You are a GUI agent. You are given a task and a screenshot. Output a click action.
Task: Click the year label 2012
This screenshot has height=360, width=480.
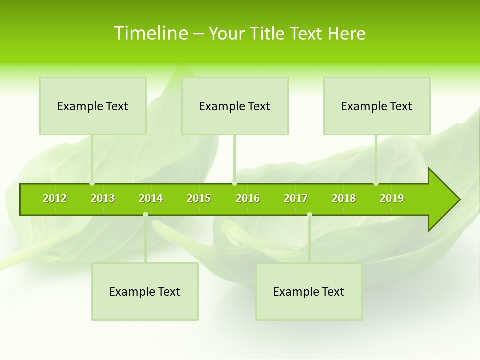[55, 198]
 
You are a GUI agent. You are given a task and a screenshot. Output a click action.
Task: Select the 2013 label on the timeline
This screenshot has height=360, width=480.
[103, 198]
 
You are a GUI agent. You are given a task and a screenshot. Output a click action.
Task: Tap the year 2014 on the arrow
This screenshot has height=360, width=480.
[151, 198]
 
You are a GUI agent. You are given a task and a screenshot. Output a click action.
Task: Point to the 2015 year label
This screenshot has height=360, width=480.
[199, 198]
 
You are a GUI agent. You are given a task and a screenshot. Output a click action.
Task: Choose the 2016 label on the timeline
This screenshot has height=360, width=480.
[248, 198]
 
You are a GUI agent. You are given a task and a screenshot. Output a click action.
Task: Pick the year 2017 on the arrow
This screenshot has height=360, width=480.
[296, 198]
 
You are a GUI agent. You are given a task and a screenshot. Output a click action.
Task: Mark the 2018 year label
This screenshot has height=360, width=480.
[344, 198]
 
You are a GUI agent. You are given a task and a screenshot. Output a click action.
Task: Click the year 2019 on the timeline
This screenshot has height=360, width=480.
[392, 198]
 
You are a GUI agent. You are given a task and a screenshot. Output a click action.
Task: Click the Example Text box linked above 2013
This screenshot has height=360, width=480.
[93, 106]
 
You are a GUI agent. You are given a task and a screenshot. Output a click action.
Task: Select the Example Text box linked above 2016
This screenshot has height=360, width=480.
[235, 106]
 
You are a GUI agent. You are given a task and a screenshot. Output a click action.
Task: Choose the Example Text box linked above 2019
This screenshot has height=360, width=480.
[377, 106]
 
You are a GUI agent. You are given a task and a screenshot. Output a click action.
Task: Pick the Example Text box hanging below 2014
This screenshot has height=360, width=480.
[145, 291]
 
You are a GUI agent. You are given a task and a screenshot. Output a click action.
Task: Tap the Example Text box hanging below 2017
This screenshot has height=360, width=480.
[309, 291]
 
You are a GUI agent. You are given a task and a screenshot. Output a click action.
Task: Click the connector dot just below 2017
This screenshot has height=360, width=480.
[309, 215]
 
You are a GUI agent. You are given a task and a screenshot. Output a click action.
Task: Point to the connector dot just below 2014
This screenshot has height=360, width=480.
[145, 215]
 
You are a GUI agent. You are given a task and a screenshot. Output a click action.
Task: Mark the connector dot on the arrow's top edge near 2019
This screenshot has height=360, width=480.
[376, 183]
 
